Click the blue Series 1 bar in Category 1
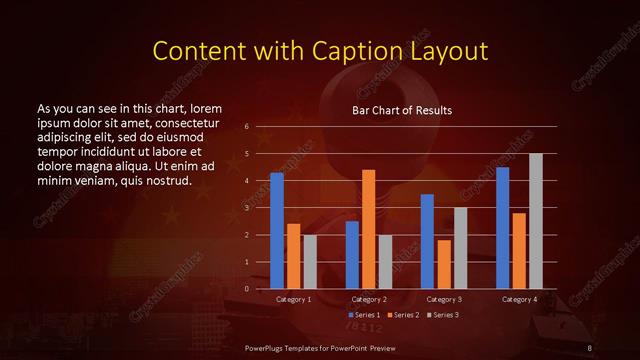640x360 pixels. click(x=277, y=231)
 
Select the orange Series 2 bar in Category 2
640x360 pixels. click(x=369, y=229)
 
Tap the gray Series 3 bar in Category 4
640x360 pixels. click(x=536, y=221)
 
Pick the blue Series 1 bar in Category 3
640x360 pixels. click(x=427, y=241)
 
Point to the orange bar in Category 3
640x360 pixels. click(x=444, y=264)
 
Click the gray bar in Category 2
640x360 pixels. click(x=386, y=261)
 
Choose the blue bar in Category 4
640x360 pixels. click(x=503, y=228)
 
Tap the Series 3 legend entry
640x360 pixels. click(x=447, y=315)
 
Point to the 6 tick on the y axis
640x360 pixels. click(x=247, y=127)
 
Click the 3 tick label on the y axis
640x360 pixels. click(x=247, y=208)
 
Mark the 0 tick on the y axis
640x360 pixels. click(x=247, y=289)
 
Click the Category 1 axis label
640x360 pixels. click(x=293, y=299)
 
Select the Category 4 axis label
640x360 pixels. click(x=519, y=299)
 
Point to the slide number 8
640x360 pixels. click(x=590, y=347)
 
